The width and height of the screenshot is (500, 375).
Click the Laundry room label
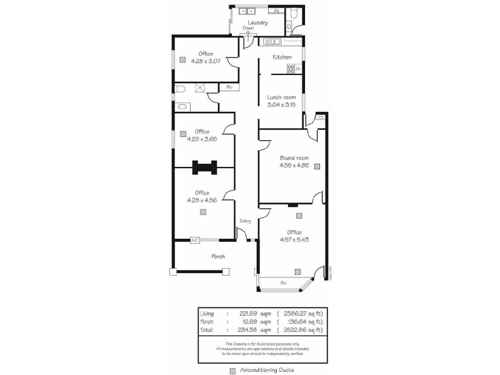point(257,23)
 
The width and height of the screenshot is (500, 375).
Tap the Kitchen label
point(282,57)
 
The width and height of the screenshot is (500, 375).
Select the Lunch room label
point(281,97)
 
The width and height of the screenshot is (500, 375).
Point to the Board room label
point(294,158)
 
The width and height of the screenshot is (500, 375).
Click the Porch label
point(218,256)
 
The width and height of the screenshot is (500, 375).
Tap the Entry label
point(244,221)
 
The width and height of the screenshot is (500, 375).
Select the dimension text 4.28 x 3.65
point(202,139)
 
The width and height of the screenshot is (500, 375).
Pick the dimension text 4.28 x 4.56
point(202,200)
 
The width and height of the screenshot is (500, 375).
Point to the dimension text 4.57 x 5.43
point(294,239)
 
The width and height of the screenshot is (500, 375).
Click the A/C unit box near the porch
point(195,240)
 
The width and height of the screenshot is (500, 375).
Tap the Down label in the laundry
point(248,28)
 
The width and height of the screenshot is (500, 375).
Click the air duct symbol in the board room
point(317,166)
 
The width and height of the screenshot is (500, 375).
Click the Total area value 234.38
point(249,329)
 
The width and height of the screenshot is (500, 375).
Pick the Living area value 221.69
point(249,312)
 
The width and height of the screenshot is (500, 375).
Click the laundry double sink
point(246,11)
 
